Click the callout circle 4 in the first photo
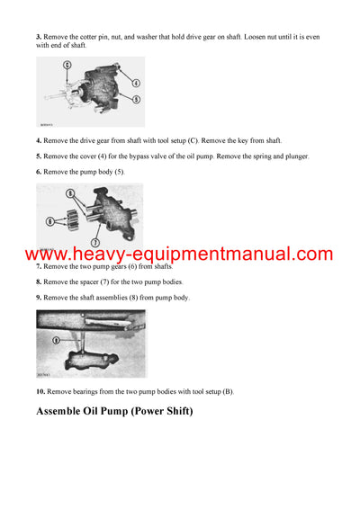point(135,83)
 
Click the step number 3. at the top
point(40,37)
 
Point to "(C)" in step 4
point(193,140)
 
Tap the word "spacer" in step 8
point(95,281)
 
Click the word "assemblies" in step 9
point(117,297)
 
